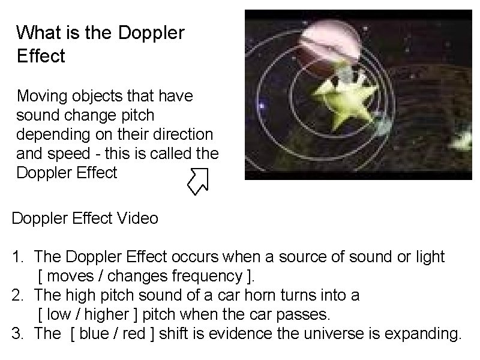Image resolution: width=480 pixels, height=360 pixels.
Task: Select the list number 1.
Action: coord(16,257)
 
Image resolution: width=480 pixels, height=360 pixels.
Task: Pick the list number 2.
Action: coord(16,295)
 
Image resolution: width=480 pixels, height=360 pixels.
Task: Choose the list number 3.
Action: coord(16,334)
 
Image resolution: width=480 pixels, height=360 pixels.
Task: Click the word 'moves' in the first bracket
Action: coord(65,277)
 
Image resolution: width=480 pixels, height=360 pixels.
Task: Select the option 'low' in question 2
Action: coord(58,314)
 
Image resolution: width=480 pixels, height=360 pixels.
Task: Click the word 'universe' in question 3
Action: coord(307,334)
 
